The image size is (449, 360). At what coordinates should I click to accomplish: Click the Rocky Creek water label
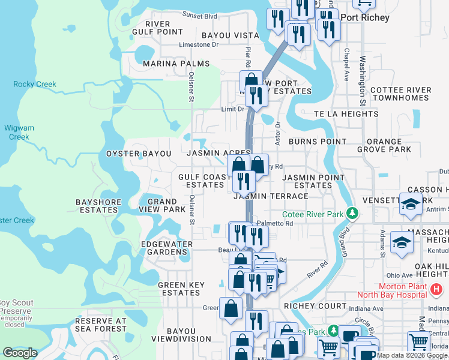pyautogui.click(x=35, y=84)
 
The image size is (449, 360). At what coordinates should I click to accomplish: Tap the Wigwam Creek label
pyautogui.click(x=19, y=132)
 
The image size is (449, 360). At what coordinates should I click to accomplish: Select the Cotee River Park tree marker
pyautogui.click(x=354, y=213)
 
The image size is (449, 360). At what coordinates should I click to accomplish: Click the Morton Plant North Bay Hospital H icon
pyautogui.click(x=437, y=290)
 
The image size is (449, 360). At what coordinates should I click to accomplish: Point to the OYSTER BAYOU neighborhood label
pyautogui.click(x=139, y=154)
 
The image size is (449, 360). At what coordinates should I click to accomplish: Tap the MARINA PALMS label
pyautogui.click(x=176, y=64)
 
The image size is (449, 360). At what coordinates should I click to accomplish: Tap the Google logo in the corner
pyautogui.click(x=20, y=352)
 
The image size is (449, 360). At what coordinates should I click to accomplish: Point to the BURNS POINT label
pyautogui.click(x=318, y=142)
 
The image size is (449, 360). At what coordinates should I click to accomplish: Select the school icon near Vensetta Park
pyautogui.click(x=411, y=206)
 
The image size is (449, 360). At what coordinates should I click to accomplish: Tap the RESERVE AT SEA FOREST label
pyautogui.click(x=101, y=325)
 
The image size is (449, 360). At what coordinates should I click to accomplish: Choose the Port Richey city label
pyautogui.click(x=365, y=17)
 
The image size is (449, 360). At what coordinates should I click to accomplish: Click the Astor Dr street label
pyautogui.click(x=278, y=133)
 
